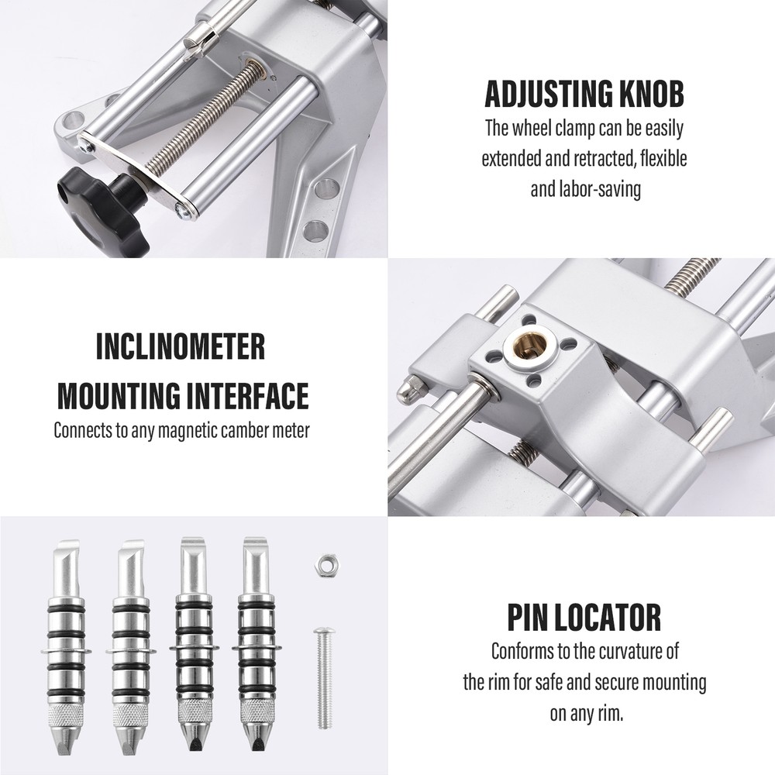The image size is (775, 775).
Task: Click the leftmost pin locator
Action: coord(67,643)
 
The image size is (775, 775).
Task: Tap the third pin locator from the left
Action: coord(193,643)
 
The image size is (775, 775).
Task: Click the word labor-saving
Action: coord(598,189)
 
